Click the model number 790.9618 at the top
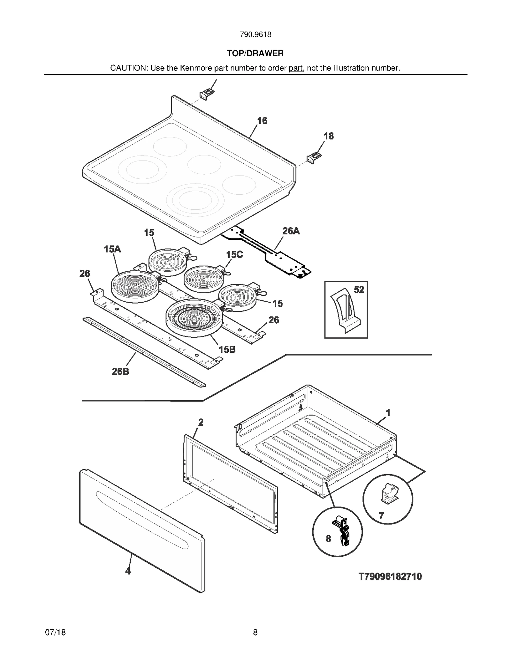[255, 34]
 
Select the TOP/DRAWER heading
[255, 53]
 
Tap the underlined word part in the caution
[295, 68]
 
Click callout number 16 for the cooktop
[262, 121]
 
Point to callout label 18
[328, 136]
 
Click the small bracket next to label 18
[314, 158]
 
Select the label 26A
[291, 231]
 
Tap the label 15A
[112, 249]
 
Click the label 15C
[234, 254]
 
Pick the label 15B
[227, 349]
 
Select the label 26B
[120, 371]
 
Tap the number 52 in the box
[359, 289]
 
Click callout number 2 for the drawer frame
[201, 422]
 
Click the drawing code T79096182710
[390, 576]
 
